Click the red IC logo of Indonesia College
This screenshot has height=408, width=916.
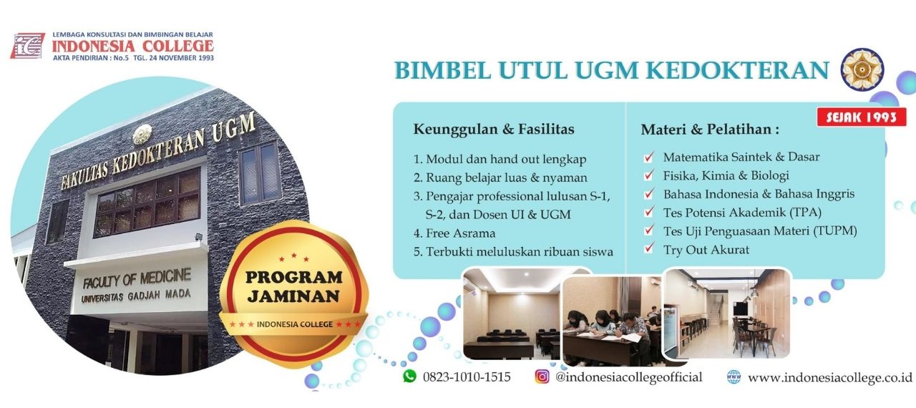[28, 46]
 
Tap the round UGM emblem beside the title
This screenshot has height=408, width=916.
[862, 69]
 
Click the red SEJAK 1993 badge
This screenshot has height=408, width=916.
[861, 117]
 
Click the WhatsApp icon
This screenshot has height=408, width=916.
[409, 376]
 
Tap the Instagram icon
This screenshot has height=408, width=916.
[542, 376]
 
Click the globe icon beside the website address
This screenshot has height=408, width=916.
[734, 377]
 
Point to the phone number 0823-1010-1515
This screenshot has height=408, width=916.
[467, 377]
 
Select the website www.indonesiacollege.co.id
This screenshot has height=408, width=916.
[829, 377]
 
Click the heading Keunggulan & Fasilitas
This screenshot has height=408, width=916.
[494, 129]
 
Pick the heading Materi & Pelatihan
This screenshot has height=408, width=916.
[710, 129]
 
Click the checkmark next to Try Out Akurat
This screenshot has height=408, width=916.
[649, 248]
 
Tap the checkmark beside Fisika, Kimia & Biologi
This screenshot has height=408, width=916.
[649, 175]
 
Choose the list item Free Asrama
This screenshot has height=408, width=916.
[454, 233]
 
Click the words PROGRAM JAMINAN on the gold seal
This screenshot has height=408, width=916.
[293, 286]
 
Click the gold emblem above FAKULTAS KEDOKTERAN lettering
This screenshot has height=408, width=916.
[142, 134]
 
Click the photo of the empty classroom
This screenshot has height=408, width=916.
[512, 314]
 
